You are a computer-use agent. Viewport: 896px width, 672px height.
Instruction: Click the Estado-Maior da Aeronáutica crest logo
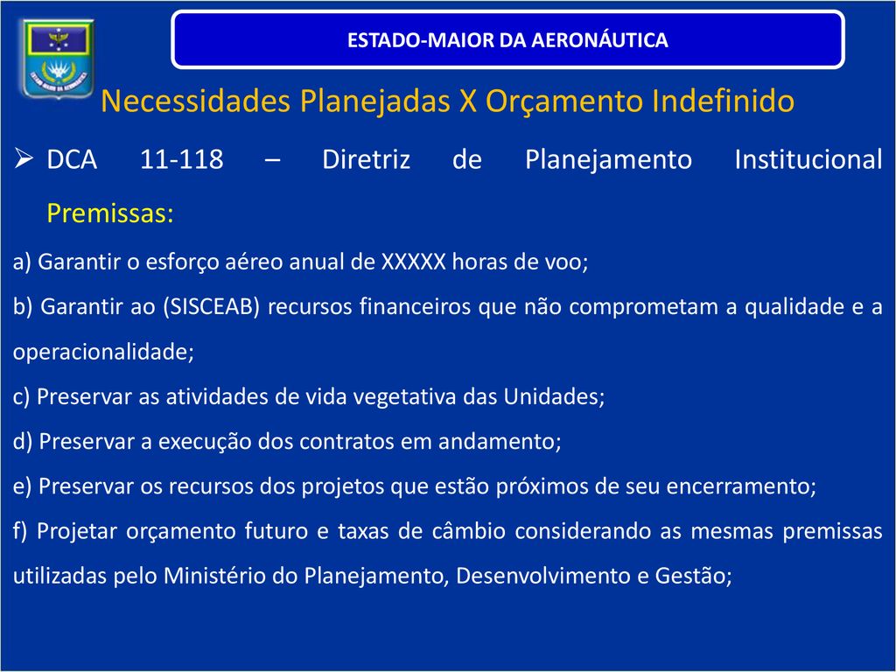click(x=56, y=58)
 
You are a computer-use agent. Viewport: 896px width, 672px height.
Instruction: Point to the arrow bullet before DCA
click(x=24, y=157)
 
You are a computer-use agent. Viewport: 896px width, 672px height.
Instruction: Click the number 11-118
click(x=182, y=159)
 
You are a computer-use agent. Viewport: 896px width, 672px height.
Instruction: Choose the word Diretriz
click(x=367, y=159)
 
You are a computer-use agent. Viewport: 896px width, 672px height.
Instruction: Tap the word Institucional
click(x=808, y=159)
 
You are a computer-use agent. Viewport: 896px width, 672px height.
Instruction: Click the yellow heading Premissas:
click(x=109, y=213)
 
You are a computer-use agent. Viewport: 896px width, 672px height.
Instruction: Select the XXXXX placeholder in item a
click(x=413, y=262)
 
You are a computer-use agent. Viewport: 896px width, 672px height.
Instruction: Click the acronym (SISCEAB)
click(x=212, y=307)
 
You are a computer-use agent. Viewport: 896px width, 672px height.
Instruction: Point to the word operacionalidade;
click(x=103, y=352)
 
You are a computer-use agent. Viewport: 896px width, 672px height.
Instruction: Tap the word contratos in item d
click(x=346, y=441)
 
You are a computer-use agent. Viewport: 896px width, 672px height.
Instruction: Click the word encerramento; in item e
click(x=741, y=486)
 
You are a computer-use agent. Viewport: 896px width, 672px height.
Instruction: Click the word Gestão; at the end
click(x=693, y=576)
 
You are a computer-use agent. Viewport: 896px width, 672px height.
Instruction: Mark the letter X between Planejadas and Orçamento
click(x=468, y=101)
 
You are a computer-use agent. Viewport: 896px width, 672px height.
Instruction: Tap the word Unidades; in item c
click(x=554, y=396)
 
